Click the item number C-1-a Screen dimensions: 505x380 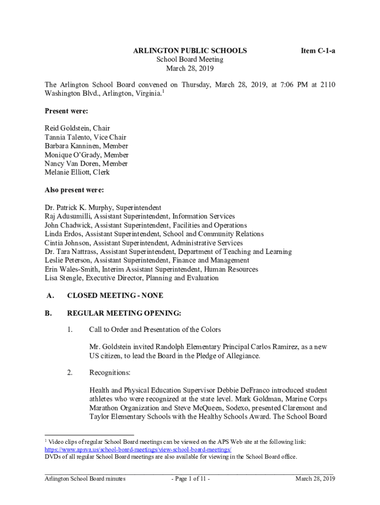(x=318, y=50)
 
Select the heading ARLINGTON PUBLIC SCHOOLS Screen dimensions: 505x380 (x=190, y=50)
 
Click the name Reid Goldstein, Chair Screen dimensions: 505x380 (x=77, y=128)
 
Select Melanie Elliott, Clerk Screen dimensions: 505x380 (x=77, y=172)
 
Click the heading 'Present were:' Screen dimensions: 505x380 (x=67, y=111)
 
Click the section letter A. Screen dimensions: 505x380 (x=49, y=295)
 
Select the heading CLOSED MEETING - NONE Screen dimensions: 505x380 (x=115, y=295)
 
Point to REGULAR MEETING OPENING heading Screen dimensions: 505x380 (x=124, y=313)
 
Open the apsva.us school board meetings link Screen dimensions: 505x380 (x=138, y=450)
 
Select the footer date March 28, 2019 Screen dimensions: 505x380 (x=315, y=478)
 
